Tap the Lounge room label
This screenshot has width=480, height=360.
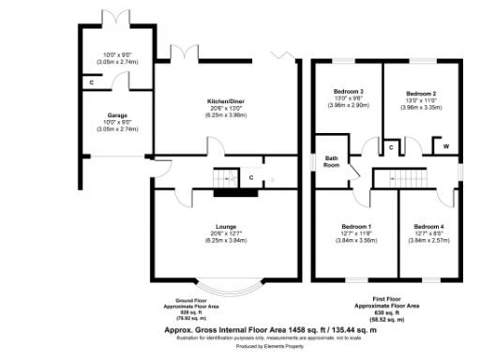coord(225,226)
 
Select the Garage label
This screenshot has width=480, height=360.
coord(116,116)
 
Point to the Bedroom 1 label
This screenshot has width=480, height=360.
coord(355,226)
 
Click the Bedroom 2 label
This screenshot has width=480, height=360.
coord(420,94)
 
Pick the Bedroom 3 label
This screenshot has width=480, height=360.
coord(349,91)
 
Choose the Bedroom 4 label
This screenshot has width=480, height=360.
coord(427,226)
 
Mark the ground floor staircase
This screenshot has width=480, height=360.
coord(223,178)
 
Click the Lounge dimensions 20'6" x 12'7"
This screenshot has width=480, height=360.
coord(225,233)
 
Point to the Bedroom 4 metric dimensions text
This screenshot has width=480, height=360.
coord(427,241)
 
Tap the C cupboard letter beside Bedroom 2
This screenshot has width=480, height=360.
coord(390,147)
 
